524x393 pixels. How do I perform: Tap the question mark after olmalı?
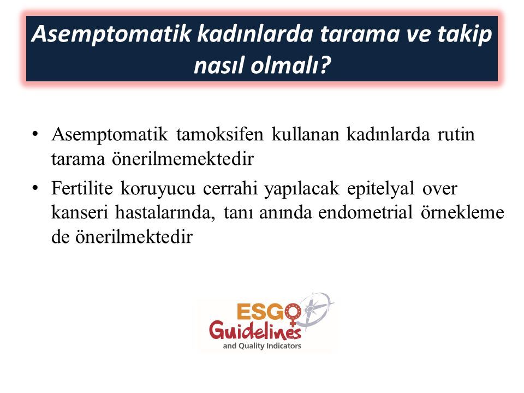click(324, 64)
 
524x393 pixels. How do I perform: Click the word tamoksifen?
click(220, 134)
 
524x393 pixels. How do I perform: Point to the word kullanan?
click(306, 134)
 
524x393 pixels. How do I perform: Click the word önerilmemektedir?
click(182, 158)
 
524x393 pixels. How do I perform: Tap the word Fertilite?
click(82, 188)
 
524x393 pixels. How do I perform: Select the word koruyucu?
click(158, 189)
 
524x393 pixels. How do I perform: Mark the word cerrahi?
click(230, 188)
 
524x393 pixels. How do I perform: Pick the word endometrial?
click(365, 212)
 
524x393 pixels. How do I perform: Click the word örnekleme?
click(462, 212)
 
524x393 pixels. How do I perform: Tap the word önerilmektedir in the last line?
click(134, 237)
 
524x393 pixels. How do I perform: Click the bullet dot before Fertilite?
click(35, 188)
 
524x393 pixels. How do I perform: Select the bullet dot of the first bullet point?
click(35, 134)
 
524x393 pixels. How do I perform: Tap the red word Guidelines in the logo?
click(255, 330)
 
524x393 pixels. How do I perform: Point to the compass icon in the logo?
click(314, 309)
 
